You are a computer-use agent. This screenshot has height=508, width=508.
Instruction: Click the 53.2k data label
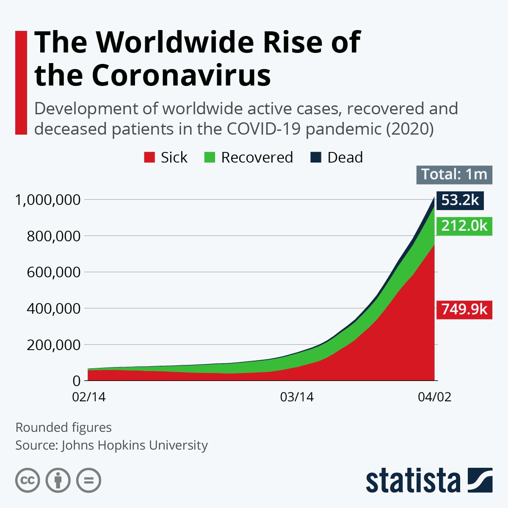460,200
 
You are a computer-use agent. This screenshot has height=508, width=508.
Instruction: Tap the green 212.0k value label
464,226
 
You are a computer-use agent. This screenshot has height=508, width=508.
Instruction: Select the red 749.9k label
464,309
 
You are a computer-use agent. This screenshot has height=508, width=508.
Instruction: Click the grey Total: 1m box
454,174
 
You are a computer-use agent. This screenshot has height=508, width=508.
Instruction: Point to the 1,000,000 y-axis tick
47,199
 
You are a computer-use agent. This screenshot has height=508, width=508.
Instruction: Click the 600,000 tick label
53,272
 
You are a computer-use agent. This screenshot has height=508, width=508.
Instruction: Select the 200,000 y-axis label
53,345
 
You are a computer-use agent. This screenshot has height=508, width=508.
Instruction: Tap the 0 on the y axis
76,381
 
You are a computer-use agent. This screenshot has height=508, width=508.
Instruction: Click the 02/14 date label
89,397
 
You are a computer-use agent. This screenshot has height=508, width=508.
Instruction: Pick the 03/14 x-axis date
297,397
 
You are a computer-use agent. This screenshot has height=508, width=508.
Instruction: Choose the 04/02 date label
434,397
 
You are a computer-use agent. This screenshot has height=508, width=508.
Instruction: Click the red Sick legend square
149,157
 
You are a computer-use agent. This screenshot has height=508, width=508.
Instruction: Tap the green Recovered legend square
210,157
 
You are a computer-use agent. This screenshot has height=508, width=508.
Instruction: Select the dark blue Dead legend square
316,157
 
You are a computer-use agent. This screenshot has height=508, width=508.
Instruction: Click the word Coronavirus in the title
181,75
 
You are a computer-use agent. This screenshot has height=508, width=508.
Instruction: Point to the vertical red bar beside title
21,83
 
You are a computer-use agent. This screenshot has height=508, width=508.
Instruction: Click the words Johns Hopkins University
135,445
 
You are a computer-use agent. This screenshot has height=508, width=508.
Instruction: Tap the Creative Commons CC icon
28,480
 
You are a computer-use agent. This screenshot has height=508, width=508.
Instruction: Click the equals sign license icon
89,480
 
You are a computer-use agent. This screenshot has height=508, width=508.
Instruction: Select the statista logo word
413,480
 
